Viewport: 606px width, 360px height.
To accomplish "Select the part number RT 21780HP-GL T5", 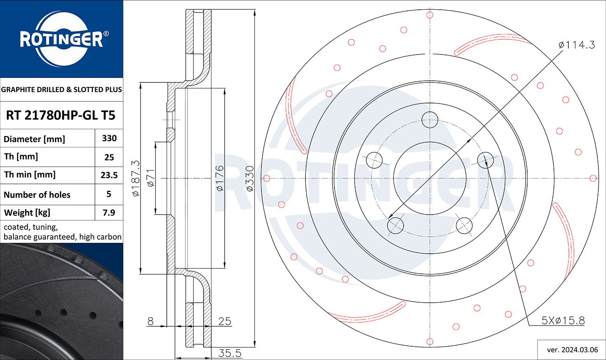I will click(61, 115).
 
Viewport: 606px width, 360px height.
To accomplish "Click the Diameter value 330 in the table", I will click(109, 138).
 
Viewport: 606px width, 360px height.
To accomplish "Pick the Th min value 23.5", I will click(109, 175).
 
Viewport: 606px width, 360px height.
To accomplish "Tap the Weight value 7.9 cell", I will click(109, 213).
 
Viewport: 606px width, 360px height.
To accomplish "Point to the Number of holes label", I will click(37, 195).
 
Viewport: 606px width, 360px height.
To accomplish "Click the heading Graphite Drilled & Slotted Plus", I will click(61, 89).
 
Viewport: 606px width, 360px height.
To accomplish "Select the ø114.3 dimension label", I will click(577, 45).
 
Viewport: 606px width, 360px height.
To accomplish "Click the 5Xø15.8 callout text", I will click(563, 321).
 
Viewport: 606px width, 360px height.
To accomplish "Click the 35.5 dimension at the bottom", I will click(229, 353).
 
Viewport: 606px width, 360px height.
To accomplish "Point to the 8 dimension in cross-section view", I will click(150, 321).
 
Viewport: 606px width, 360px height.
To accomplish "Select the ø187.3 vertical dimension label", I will click(136, 178).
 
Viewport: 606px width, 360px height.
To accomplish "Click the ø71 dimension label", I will click(150, 178).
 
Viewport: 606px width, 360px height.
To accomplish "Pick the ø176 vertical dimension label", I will click(219, 178).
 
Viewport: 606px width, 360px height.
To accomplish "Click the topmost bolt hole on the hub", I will click(430, 120).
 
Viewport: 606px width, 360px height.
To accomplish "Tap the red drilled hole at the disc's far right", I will click(593, 178).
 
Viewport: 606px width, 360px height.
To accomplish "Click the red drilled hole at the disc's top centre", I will click(430, 15).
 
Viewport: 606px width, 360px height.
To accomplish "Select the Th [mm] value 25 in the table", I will click(109, 157).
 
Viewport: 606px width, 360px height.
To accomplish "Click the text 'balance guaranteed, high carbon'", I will click(63, 237).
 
